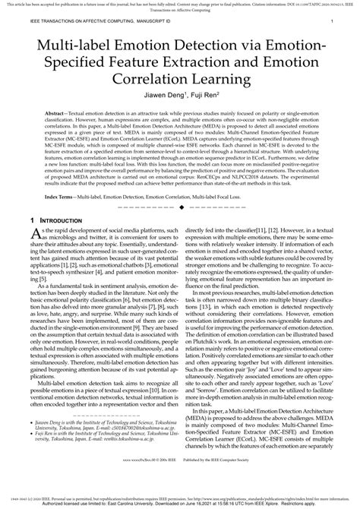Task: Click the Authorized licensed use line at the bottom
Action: [x=180, y=503]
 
